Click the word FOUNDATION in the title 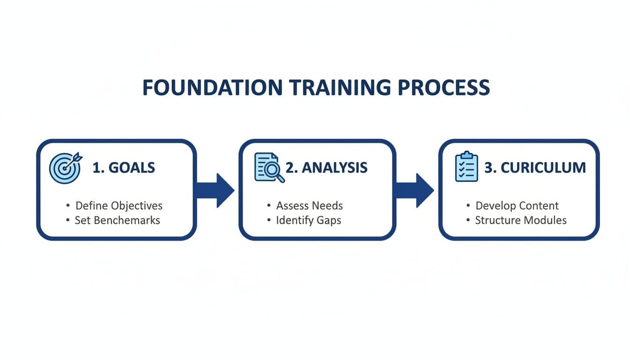click(212, 88)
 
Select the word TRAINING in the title click(337, 88)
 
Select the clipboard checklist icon click(466, 167)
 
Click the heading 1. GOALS click(124, 168)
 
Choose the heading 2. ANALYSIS click(326, 168)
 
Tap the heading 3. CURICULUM click(535, 168)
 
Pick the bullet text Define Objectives click(119, 205)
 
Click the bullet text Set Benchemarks click(117, 220)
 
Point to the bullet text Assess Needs click(309, 205)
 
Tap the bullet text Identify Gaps click(308, 220)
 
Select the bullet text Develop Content click(517, 205)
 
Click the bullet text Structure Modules click(521, 220)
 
